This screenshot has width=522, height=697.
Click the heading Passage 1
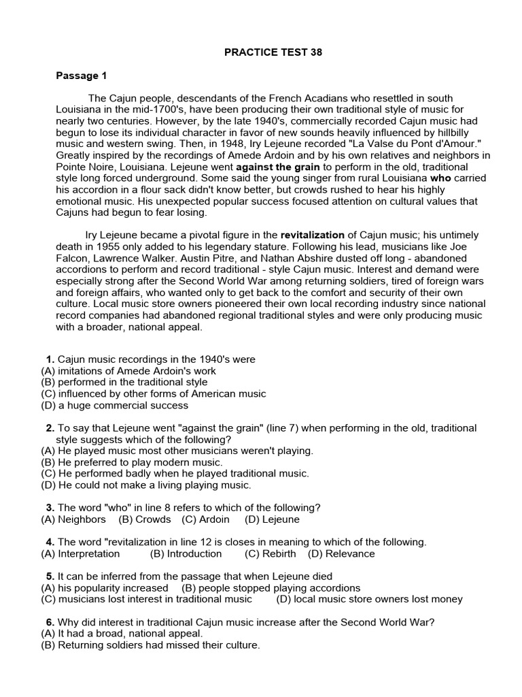pos(81,76)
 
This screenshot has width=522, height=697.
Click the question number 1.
pos(50,359)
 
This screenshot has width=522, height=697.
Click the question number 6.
pos(50,621)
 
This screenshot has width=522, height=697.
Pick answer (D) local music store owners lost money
pos(369,599)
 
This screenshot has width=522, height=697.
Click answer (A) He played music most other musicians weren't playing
pos(177,451)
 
